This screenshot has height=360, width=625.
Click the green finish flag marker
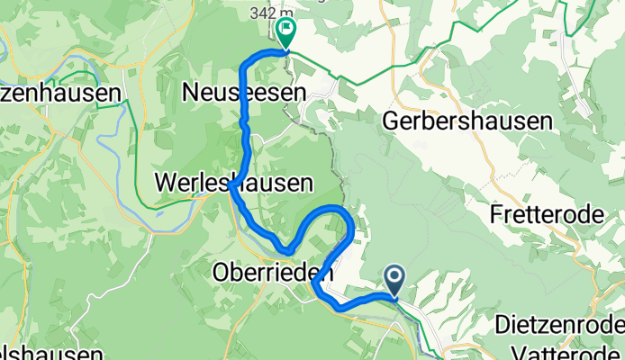click(x=286, y=34)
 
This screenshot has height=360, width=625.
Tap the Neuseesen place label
click(x=244, y=92)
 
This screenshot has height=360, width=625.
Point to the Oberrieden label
click(x=273, y=270)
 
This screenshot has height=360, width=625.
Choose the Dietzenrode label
click(x=560, y=325)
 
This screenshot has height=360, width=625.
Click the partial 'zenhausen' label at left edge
click(x=61, y=93)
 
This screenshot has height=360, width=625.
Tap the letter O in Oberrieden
click(x=222, y=270)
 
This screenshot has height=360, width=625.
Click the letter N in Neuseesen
click(x=191, y=92)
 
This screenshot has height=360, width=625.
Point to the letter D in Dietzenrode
click(x=503, y=325)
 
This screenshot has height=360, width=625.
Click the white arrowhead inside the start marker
click(x=394, y=276)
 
